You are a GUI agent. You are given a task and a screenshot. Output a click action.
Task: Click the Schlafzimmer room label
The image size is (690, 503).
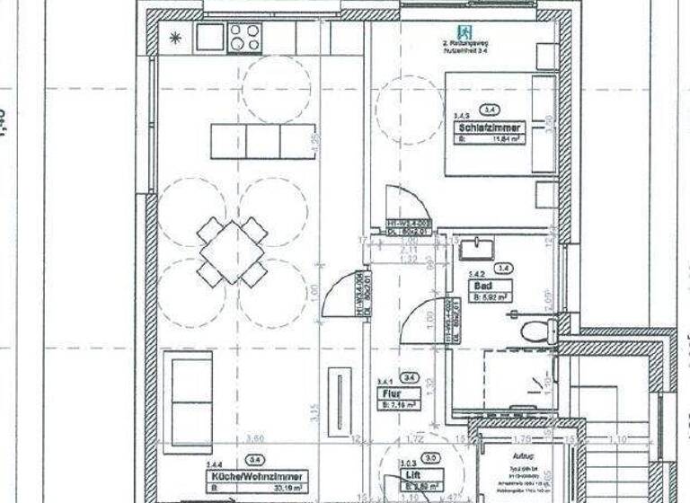(x=489, y=128)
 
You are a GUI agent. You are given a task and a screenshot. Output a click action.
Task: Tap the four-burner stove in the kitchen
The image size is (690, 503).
(x=244, y=38)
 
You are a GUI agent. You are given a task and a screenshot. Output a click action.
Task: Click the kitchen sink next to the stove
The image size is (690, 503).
(x=209, y=38)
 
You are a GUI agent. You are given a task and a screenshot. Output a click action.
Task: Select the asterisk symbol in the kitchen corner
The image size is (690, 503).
(x=174, y=39)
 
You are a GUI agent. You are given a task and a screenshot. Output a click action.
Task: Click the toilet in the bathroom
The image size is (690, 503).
(x=538, y=330)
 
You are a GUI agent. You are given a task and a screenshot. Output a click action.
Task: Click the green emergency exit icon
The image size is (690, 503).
(x=464, y=31)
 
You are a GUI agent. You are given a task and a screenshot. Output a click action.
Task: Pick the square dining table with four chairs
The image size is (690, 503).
(x=232, y=251)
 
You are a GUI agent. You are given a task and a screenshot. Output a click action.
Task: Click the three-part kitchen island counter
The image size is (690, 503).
(x=263, y=141)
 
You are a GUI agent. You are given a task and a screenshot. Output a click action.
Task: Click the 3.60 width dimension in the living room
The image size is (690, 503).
(x=255, y=439)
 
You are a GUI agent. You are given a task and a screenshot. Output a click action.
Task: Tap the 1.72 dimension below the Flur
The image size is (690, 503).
(x=415, y=439)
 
